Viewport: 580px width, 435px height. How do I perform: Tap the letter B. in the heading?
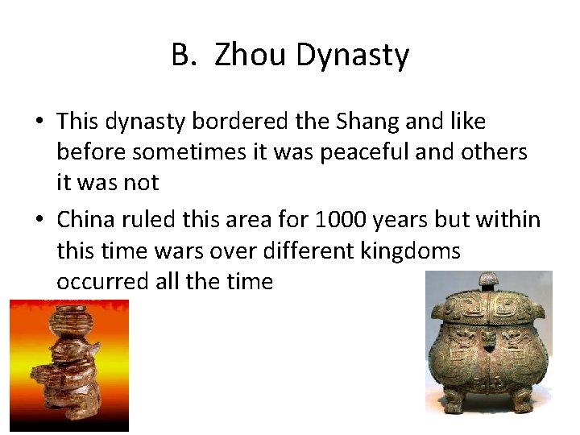tap(183, 56)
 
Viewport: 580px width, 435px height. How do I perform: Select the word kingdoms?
tap(410, 251)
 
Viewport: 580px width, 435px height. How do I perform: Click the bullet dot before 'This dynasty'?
tap(39, 122)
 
